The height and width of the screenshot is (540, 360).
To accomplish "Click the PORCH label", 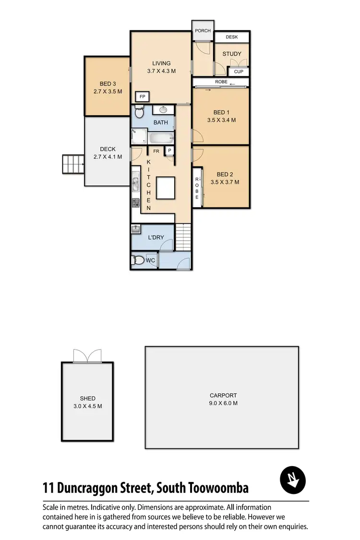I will click(203, 31).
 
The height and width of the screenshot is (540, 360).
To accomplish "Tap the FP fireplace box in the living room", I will click(142, 97).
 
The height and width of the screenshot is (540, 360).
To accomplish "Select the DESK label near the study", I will click(231, 37).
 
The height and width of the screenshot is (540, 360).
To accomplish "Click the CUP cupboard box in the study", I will click(239, 72).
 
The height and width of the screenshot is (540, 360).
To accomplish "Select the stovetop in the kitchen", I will click(136, 203).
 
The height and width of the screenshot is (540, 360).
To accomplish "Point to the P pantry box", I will click(169, 151).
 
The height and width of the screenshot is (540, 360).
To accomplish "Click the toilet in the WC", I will click(139, 261).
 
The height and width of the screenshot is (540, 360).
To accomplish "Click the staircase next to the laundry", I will click(183, 237).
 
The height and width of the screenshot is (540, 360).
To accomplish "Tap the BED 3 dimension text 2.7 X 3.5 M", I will click(108, 91).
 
